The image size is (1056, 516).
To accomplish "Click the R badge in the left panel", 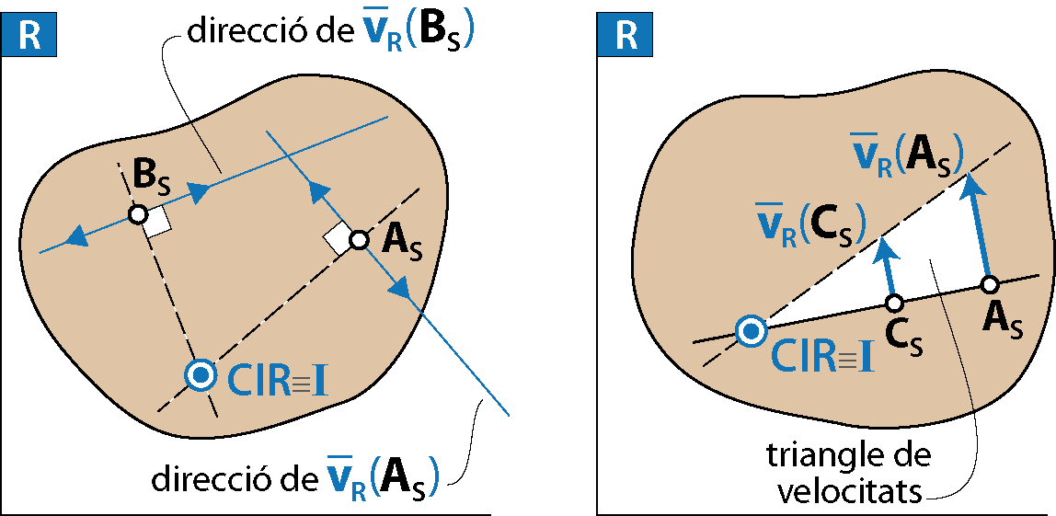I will (30, 36).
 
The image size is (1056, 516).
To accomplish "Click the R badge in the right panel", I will (626, 36).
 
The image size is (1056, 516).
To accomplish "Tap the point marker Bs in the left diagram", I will (138, 214).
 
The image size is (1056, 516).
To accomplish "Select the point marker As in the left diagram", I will (359, 241).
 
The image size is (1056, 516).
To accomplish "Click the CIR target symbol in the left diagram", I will (200, 374).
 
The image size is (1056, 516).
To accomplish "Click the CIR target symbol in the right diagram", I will (752, 330).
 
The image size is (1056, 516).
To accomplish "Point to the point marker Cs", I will (894, 302).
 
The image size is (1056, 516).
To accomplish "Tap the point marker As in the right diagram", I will (990, 283).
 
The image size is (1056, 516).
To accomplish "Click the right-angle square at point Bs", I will (157, 222).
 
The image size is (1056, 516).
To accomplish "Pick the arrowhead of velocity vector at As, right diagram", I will (969, 180).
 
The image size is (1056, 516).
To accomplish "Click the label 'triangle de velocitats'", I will (847, 474).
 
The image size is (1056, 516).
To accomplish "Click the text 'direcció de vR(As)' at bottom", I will (294, 478).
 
